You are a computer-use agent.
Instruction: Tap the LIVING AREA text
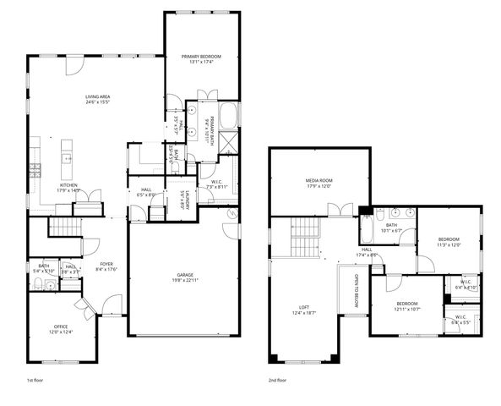(98, 97)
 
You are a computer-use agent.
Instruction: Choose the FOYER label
(106, 264)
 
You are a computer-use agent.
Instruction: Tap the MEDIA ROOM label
(319, 180)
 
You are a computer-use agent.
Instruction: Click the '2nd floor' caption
(277, 381)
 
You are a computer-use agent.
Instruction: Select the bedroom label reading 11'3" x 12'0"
(449, 239)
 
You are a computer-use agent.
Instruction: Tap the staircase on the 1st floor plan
(62, 226)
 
